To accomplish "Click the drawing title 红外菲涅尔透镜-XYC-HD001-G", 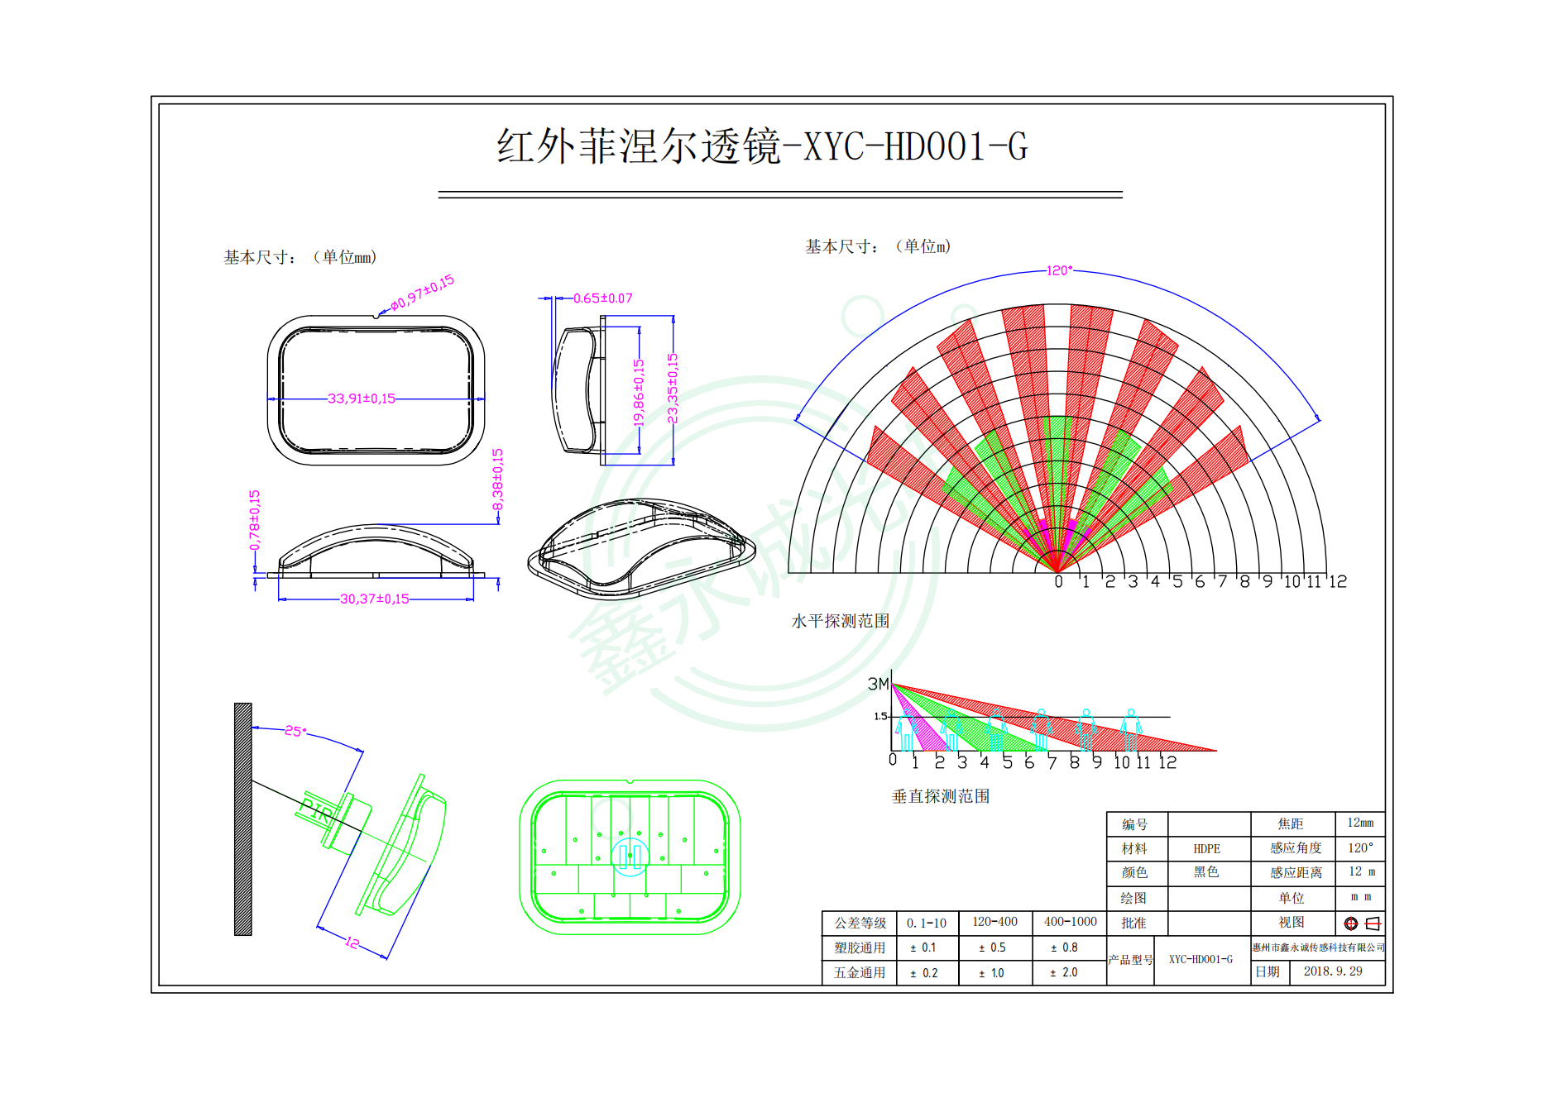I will [761, 147].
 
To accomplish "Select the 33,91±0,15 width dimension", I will [362, 399].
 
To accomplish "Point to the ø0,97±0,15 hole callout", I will [422, 293].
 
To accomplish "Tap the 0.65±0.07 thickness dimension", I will [602, 298].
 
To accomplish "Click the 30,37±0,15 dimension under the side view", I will [374, 599].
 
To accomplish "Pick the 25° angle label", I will [295, 731].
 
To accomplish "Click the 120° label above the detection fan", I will [1059, 270].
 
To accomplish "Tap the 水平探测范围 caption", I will [840, 621].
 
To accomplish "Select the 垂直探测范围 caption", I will [940, 796].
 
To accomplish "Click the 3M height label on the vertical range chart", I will [878, 684].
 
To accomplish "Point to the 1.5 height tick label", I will [880, 717].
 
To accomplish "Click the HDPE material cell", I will [1206, 849].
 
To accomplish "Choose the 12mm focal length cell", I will [1359, 823].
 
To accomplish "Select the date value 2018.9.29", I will [1332, 971].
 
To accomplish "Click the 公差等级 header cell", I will [860, 923].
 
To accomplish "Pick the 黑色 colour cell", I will [1206, 872].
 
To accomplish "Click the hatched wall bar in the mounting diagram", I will [243, 819].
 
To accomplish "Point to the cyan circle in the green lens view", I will [630, 857].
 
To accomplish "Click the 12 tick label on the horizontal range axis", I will [1337, 582].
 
